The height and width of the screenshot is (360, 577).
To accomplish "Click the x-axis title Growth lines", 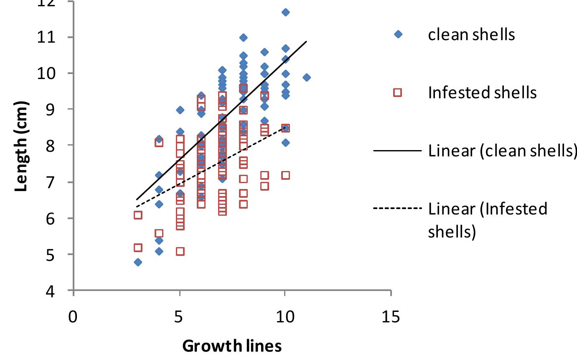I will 232,346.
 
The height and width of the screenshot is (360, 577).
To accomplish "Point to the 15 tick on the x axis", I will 391,317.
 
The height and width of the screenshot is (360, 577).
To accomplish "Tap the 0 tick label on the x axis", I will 74,317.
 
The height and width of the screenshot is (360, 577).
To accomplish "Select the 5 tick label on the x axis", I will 180,317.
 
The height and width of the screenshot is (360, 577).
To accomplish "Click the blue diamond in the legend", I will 398,34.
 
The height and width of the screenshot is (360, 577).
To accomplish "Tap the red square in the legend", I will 398,92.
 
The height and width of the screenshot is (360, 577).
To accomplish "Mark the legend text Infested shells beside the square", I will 482,92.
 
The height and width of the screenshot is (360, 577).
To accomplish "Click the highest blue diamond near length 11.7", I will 285,12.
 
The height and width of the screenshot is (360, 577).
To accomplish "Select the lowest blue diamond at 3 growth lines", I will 137,262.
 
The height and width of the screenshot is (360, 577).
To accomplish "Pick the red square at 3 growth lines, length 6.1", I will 137,215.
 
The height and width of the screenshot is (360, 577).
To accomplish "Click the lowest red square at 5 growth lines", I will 180,251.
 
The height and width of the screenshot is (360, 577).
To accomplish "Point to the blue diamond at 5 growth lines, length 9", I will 180,110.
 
